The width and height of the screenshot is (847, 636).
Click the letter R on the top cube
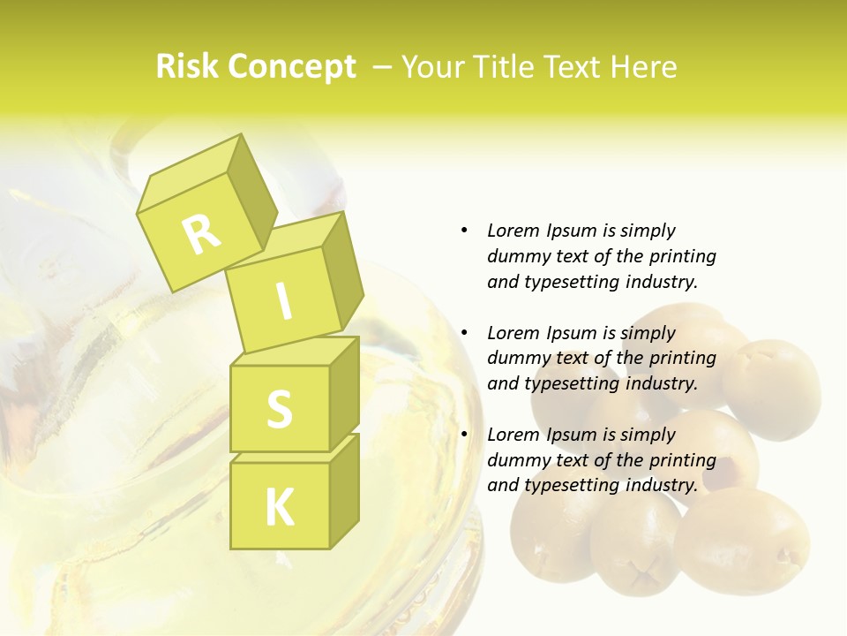coord(201,233)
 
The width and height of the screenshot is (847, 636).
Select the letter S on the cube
coord(280,408)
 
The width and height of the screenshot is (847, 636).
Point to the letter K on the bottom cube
coord(280,508)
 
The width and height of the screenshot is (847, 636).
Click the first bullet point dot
coord(464,231)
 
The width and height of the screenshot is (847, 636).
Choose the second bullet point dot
coord(464,333)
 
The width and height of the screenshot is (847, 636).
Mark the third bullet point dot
coord(464,435)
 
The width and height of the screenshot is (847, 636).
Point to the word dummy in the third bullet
coord(517,460)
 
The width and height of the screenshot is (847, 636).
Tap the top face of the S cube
coord(295,352)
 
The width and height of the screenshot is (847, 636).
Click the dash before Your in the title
coord(383,67)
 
